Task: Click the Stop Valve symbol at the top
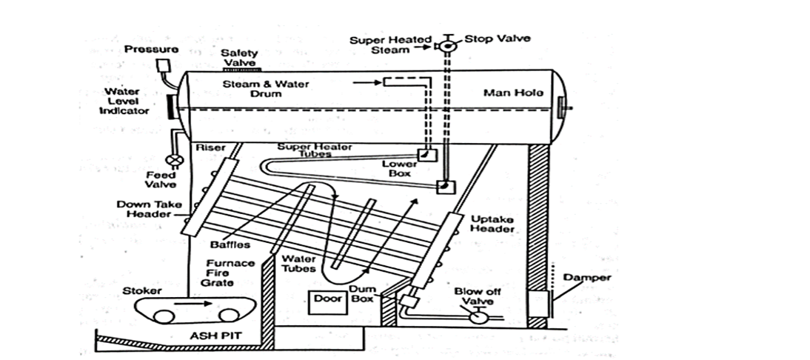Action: [x=448, y=47]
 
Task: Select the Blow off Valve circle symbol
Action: [x=478, y=317]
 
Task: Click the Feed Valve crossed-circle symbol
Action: [x=175, y=159]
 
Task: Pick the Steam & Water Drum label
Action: [x=267, y=89]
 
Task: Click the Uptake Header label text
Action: [x=492, y=224]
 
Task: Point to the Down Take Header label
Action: [x=144, y=209]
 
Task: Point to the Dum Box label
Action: [x=362, y=294]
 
